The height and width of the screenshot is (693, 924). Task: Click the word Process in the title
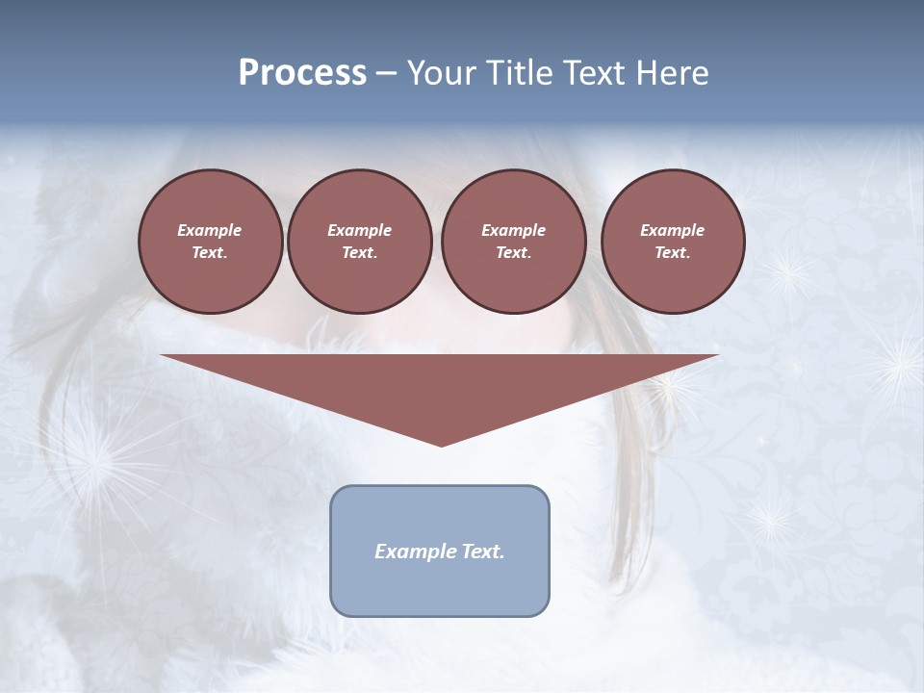302,73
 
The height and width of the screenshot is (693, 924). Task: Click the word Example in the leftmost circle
210,230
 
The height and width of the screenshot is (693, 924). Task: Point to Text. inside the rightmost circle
673,253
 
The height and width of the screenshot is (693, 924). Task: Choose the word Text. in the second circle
359,253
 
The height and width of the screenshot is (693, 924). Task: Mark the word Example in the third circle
513,230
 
